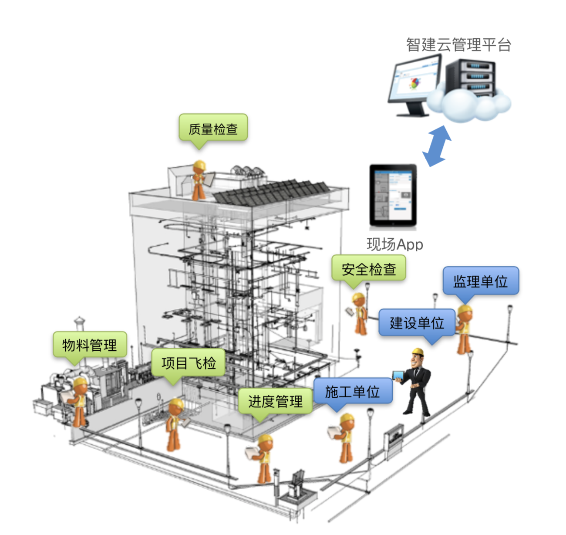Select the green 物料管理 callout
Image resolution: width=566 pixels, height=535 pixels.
[90, 345]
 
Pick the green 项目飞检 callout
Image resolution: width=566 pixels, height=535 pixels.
[189, 363]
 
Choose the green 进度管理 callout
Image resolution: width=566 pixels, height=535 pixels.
[275, 401]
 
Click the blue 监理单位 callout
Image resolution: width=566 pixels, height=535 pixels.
[481, 281]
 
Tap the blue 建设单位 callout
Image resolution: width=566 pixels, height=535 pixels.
[417, 322]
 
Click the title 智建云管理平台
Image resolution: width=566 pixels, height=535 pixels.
[458, 45]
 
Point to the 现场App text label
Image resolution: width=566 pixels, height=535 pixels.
[395, 244]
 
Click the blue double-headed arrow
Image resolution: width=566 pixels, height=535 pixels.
[437, 146]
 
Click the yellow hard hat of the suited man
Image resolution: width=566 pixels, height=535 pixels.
[418, 352]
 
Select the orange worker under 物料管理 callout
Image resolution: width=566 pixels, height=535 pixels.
[77, 402]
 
